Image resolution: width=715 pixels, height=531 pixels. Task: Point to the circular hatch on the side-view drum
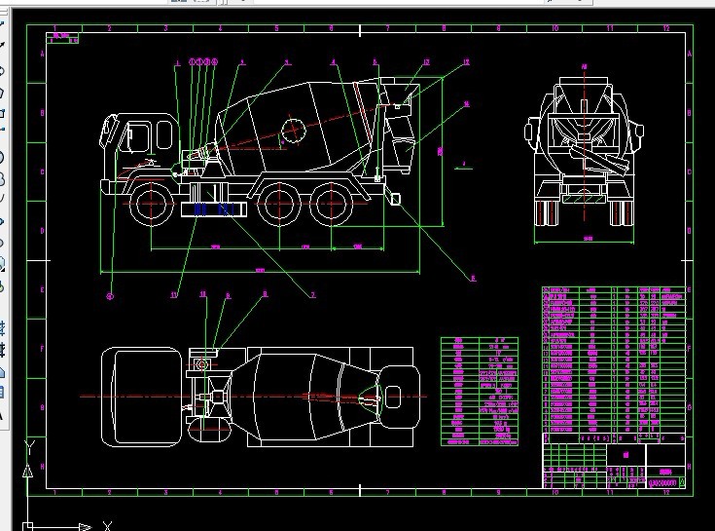click(292, 130)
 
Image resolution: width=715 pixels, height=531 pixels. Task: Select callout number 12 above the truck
click(425, 63)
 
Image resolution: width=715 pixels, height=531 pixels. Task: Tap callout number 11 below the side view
click(174, 293)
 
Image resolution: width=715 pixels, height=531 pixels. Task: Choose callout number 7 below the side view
click(313, 294)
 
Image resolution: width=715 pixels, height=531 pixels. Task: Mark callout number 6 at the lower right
click(473, 278)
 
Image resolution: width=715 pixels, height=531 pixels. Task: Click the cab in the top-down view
click(147, 397)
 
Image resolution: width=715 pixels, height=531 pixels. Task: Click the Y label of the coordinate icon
click(30, 444)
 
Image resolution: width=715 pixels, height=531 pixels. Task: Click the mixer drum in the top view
click(302, 397)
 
